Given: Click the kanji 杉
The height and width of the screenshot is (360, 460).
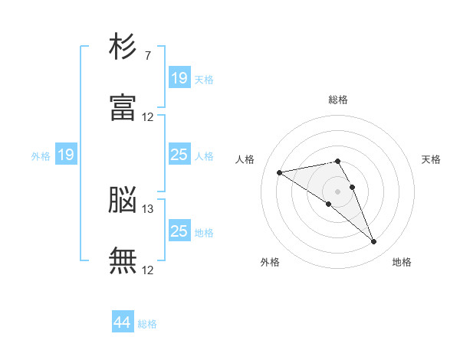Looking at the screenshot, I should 123,48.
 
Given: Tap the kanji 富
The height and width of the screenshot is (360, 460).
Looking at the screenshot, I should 123,108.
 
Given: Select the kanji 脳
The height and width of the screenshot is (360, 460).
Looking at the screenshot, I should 123,201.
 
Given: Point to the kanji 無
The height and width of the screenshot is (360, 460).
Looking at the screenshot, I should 123,260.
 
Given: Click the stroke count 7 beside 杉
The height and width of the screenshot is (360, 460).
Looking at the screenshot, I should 147,56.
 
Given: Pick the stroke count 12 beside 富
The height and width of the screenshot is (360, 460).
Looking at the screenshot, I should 147,116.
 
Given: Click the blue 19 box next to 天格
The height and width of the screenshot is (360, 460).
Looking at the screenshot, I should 179,78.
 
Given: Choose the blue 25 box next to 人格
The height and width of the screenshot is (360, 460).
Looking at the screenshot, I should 179,155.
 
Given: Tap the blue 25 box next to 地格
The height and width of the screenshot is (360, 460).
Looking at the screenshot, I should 179,231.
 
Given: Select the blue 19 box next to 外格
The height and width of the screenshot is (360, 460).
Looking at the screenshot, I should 66,155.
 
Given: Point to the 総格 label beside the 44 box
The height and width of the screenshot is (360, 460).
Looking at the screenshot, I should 147,324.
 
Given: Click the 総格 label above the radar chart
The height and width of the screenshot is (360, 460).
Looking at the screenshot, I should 337,100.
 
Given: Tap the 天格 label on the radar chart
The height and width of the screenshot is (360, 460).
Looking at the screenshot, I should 432,159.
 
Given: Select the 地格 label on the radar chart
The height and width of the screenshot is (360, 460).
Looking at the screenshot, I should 402,262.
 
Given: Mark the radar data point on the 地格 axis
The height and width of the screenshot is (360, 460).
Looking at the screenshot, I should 373,242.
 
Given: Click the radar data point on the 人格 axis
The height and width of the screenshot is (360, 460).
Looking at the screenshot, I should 280,172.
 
